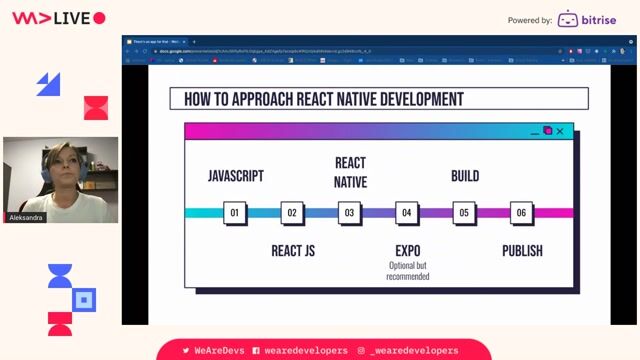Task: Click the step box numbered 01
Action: click(235, 212)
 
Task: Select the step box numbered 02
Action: click(292, 212)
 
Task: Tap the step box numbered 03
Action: click(349, 212)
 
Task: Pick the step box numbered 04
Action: click(406, 212)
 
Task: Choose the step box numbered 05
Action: click(463, 212)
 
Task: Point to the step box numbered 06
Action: click(520, 212)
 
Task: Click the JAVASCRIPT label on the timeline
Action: click(236, 176)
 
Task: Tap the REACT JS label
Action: click(293, 250)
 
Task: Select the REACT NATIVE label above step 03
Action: click(350, 172)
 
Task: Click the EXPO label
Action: click(407, 250)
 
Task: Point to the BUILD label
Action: click(464, 176)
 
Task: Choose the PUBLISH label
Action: click(522, 250)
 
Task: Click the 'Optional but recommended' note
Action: click(407, 271)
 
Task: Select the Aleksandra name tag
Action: click(27, 217)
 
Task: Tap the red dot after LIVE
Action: click(99, 18)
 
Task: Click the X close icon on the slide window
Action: click(560, 131)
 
